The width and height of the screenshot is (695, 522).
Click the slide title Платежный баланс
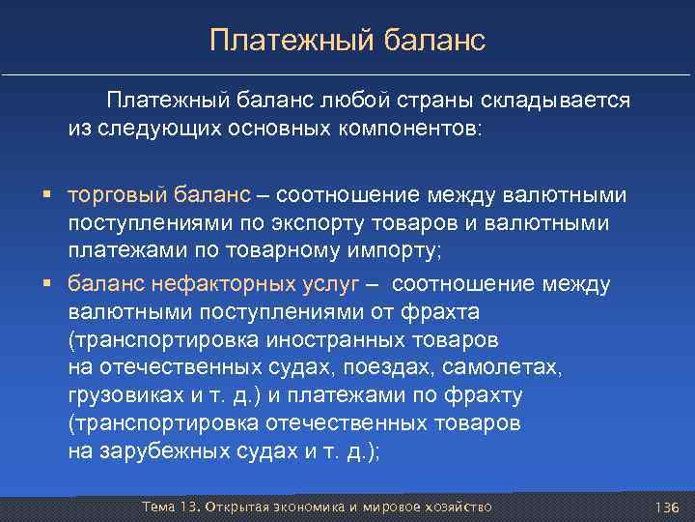[x=347, y=40]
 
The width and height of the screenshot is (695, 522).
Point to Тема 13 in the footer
[x=165, y=507]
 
